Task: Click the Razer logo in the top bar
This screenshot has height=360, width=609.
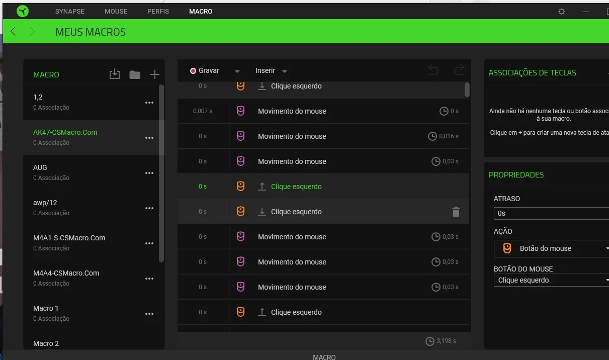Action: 23,11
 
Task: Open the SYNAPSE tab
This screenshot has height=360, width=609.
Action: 70,12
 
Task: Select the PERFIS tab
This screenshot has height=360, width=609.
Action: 158,12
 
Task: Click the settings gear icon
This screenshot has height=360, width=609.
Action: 561,12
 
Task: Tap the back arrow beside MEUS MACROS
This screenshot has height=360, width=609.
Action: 13,32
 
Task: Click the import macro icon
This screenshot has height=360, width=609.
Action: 115,74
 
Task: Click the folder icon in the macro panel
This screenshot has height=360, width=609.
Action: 135,74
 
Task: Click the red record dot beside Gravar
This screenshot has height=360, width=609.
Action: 193,71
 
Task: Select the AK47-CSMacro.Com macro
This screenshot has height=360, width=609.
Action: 65,132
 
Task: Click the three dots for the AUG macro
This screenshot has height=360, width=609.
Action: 149,173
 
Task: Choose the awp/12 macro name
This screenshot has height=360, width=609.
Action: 45,203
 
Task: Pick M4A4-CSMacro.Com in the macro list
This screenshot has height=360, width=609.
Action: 66,273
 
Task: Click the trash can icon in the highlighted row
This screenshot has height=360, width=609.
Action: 456,212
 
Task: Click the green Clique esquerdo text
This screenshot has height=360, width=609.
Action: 296,187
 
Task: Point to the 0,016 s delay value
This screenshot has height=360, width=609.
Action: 449,136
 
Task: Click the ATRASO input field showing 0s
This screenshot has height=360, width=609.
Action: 551,214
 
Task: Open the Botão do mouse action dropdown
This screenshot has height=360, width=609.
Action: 551,248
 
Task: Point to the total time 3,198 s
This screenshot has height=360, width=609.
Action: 446,341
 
